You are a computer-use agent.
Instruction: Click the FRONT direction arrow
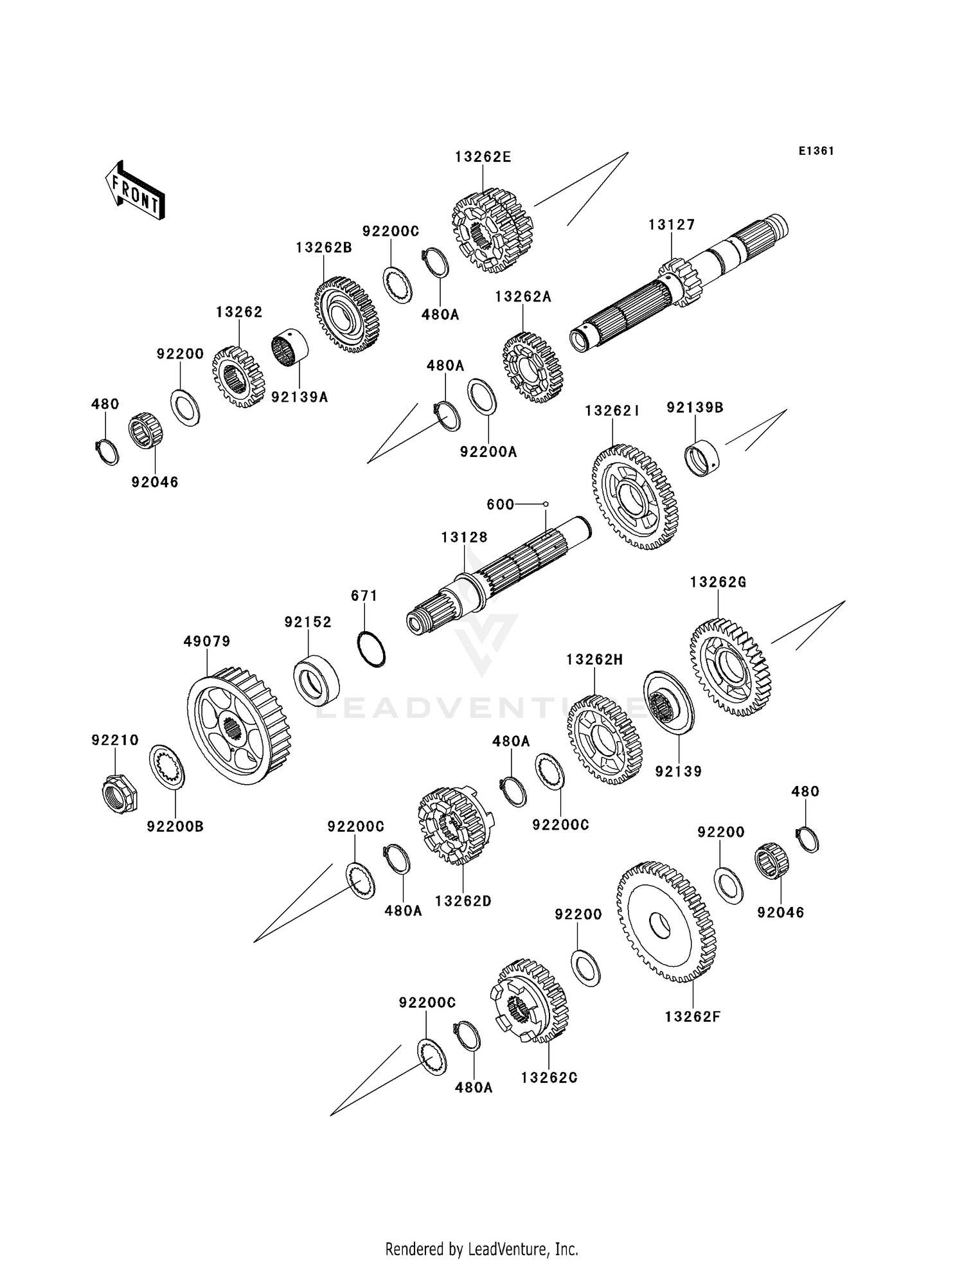point(135,190)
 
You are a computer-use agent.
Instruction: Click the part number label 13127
point(672,225)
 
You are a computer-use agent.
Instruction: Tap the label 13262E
point(483,157)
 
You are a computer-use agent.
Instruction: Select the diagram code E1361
point(816,151)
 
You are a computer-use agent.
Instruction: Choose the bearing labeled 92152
point(316,677)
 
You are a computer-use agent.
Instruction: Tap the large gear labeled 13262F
point(666,922)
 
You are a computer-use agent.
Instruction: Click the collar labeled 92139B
point(701,457)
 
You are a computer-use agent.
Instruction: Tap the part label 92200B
point(175,827)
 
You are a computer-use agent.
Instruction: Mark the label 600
point(500,505)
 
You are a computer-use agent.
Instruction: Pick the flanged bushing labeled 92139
point(668,702)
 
